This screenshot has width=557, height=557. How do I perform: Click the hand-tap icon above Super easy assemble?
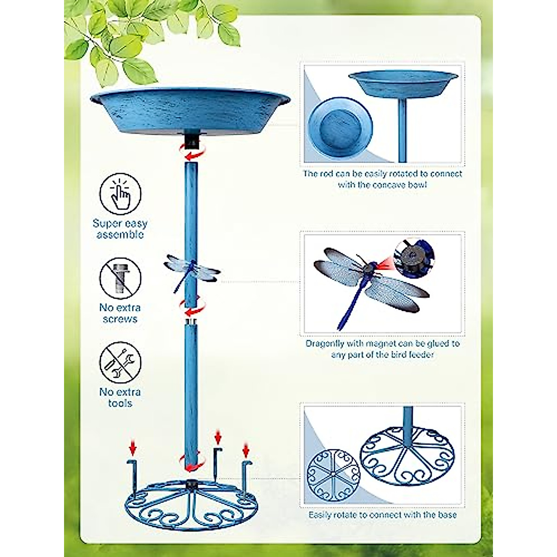(x=120, y=194)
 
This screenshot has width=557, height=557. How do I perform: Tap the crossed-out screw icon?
(x=120, y=278)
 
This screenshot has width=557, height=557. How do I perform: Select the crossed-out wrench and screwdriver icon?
(x=120, y=363)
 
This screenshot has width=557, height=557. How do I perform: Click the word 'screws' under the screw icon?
(x=120, y=319)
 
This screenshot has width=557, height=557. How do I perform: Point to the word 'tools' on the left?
(x=120, y=403)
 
